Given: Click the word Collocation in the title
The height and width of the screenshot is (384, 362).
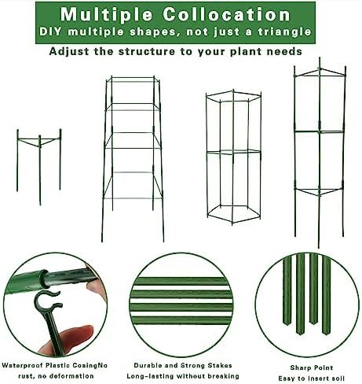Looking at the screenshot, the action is click(226, 14).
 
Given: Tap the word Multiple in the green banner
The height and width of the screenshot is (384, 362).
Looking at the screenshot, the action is click(106, 14).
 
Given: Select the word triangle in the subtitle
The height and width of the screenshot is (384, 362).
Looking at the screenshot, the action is click(284, 32).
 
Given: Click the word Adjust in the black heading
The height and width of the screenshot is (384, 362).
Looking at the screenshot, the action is click(69, 52).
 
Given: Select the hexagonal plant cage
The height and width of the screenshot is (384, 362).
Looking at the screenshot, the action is click(233, 157).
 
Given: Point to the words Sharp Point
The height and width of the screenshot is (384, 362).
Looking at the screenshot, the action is click(312, 367).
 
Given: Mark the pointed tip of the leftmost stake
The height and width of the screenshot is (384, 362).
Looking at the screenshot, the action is click(287, 324).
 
